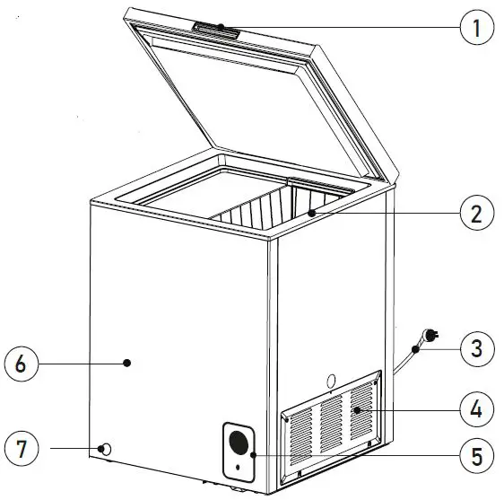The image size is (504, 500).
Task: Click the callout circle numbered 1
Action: [477, 28]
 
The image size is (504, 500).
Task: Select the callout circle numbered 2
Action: [477, 215]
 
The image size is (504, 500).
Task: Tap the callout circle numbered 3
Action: [477, 347]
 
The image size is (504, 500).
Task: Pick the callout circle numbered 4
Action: [477, 410]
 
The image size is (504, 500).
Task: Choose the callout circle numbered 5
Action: [477, 456]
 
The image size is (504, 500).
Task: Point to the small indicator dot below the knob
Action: [237, 468]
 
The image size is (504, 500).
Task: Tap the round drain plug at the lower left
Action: [106, 448]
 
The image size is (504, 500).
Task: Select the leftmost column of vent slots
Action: [302, 429]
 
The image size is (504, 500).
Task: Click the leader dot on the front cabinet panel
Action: [127, 363]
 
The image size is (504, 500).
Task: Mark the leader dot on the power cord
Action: [415, 347]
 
